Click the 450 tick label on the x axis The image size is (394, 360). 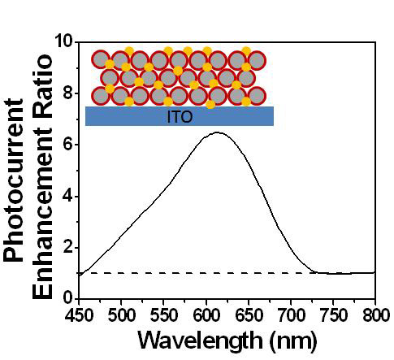coord(79,314)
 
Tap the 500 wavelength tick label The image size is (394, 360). coord(121,314)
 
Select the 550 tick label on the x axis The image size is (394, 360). coord(163,314)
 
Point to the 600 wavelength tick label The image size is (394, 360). coord(206,314)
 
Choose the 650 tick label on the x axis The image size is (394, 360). coord(249,314)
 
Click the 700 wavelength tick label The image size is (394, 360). coord(291,314)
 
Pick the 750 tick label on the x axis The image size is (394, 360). coord(333,314)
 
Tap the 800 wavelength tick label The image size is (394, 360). coord(375,314)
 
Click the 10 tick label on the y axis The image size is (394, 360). coord(64,41)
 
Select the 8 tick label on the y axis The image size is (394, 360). coord(69,93)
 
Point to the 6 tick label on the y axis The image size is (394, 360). coord(69,145)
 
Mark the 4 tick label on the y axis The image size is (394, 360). coord(69,196)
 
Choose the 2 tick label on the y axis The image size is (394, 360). coord(69,247)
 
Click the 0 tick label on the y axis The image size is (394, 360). coord(69,298)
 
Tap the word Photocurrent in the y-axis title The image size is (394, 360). coord(14,180)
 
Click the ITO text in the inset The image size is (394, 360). coord(180,117)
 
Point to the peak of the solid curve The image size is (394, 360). coord(218,132)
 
